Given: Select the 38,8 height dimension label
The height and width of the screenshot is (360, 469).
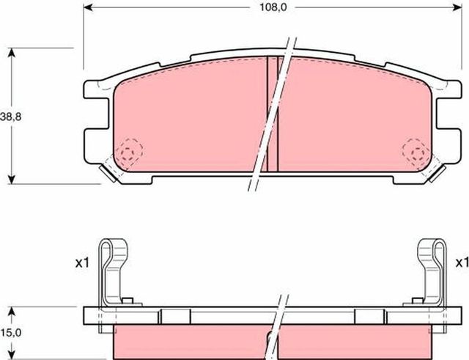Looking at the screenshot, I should [x=10, y=117].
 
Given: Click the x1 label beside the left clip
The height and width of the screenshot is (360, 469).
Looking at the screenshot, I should [x=81, y=262].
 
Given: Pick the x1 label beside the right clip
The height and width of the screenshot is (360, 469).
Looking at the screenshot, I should [x=462, y=262].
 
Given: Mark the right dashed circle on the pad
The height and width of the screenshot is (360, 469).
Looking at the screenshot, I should [x=416, y=152].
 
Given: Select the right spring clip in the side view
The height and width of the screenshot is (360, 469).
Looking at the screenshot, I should [x=433, y=271].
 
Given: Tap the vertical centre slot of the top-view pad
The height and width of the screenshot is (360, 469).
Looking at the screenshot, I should [x=273, y=114].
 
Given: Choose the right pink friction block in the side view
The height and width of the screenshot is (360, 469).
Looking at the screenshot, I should [x=352, y=342].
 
